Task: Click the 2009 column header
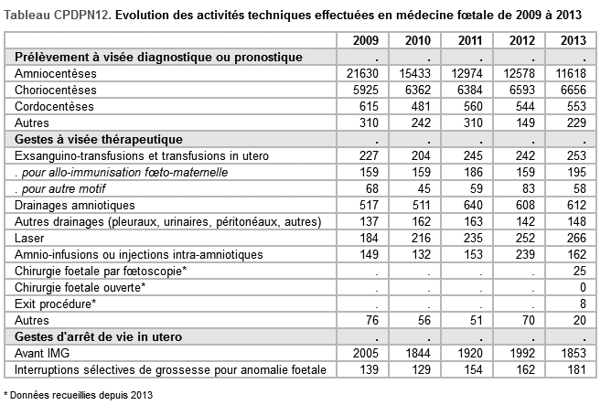click(366, 40)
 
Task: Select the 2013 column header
click(573, 40)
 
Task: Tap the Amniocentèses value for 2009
click(362, 73)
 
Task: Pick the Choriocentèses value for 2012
click(522, 90)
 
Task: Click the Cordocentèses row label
click(54, 106)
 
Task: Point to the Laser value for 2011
click(473, 238)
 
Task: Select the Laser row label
click(29, 238)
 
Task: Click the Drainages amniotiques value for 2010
click(421, 205)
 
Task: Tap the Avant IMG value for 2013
click(573, 353)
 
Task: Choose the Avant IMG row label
click(42, 353)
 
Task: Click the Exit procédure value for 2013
click(583, 304)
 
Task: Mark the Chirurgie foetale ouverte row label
click(80, 287)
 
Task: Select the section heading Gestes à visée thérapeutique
click(99, 139)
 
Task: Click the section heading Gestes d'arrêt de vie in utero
click(98, 336)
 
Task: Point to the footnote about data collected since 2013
click(78, 395)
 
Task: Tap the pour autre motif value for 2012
click(529, 189)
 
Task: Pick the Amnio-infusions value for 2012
click(525, 255)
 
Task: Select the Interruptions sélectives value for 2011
click(473, 369)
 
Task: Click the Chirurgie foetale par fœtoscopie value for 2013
click(580, 271)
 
